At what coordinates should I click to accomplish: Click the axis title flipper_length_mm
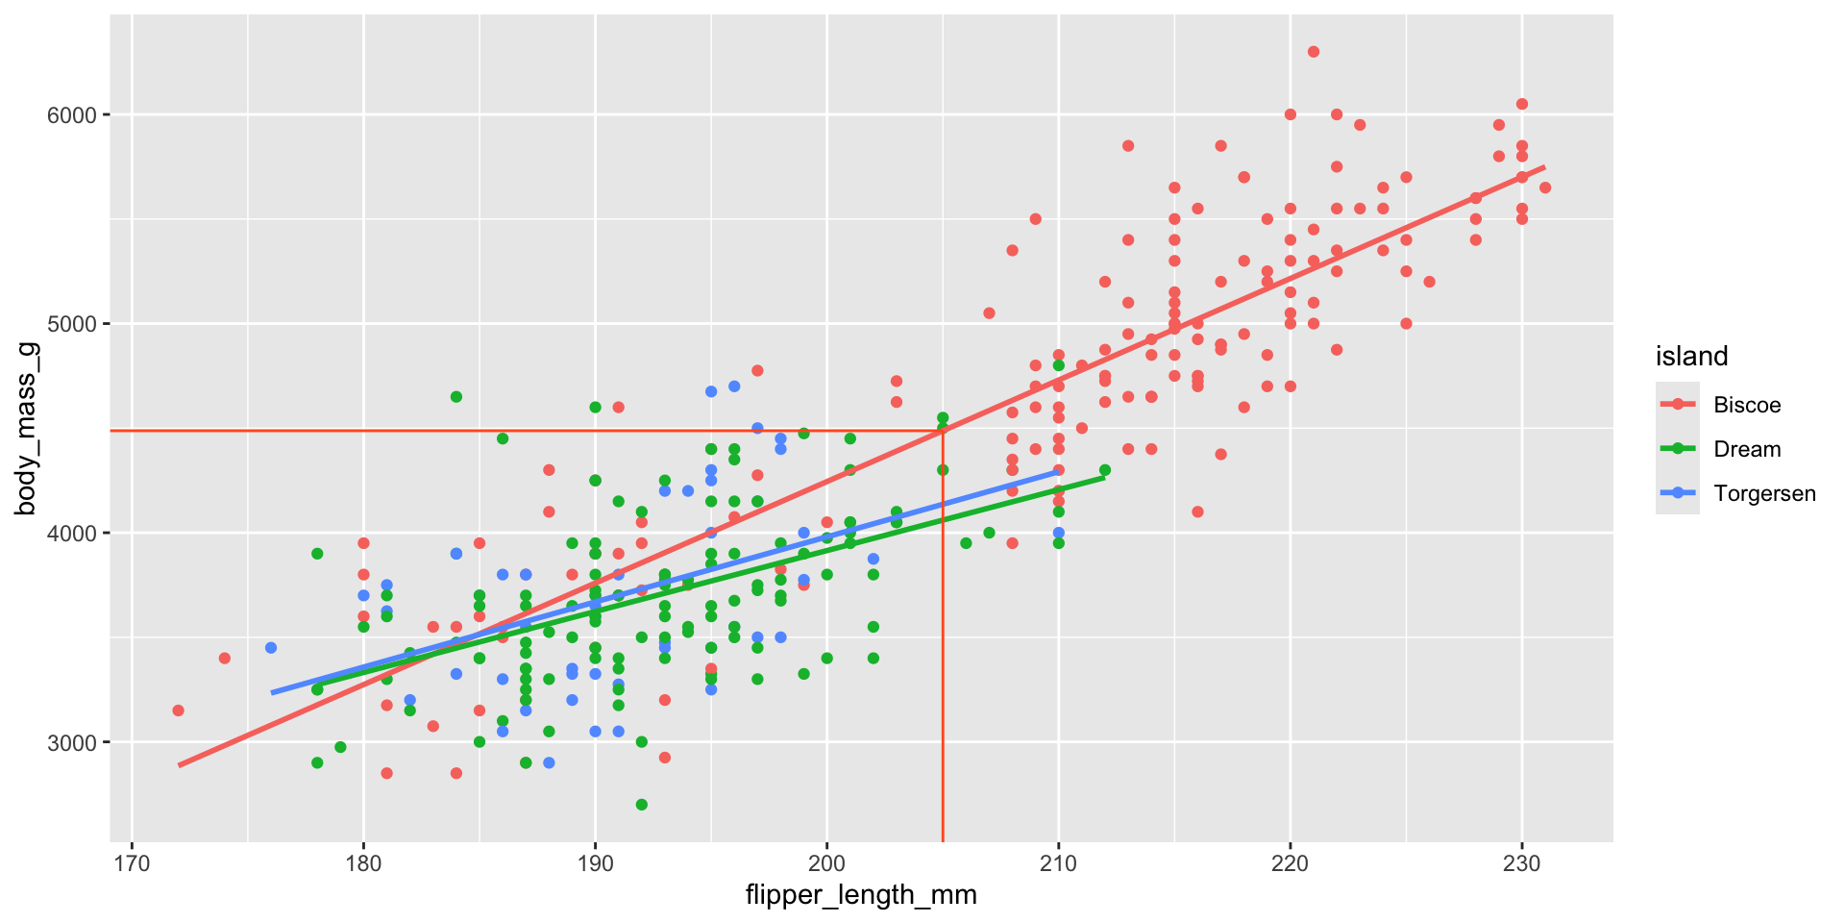click(x=861, y=896)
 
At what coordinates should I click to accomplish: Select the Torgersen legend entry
click(x=1763, y=494)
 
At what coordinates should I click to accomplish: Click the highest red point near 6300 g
click(x=1314, y=52)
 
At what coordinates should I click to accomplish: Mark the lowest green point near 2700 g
click(x=642, y=805)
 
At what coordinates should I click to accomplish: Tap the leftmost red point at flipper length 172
click(x=178, y=711)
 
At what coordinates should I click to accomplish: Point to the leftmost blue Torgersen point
click(x=271, y=648)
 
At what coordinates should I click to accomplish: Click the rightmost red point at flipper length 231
click(x=1545, y=187)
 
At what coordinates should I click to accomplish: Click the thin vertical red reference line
click(x=943, y=673)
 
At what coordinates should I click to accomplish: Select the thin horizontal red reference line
click(x=480, y=431)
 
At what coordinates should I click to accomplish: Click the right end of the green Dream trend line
click(x=1103, y=477)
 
